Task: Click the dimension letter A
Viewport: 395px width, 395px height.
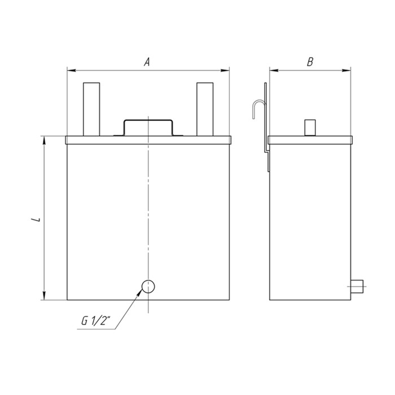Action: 147,62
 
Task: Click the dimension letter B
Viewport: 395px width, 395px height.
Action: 310,62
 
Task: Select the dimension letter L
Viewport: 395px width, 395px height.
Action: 36,219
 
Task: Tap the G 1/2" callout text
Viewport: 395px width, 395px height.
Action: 96,321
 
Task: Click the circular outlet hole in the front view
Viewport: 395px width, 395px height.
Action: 148,287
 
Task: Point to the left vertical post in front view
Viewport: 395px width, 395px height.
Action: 91,109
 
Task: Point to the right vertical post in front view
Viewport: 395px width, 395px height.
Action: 205,109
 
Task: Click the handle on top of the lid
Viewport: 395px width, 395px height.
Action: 148,120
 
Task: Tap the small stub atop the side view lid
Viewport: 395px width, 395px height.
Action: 310,128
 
